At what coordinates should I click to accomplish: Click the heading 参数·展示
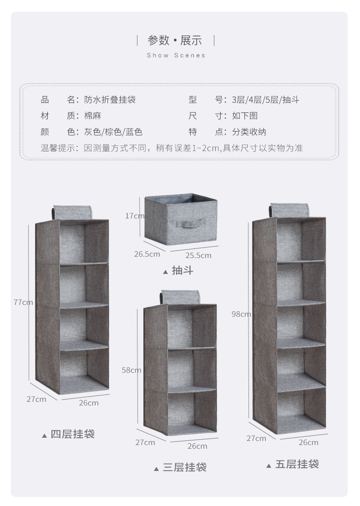point(175,40)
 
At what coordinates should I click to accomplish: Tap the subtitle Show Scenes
point(176,56)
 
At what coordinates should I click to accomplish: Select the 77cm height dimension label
point(23,302)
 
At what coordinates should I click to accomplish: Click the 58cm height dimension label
point(132,370)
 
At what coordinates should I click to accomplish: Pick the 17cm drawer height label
point(135,216)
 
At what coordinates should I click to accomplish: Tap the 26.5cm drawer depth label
point(147,254)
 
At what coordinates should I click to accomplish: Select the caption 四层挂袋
point(72,434)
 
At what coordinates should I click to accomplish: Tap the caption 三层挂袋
point(184,467)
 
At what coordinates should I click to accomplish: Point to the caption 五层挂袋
point(297,465)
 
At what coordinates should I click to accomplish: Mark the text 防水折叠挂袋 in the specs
point(110,100)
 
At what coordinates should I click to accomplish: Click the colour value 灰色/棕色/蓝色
point(113,132)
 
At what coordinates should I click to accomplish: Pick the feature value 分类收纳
point(249,132)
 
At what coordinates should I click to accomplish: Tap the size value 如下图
point(245,116)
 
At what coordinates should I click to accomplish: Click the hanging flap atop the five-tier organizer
point(290,210)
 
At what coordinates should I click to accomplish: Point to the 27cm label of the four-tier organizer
point(36,399)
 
